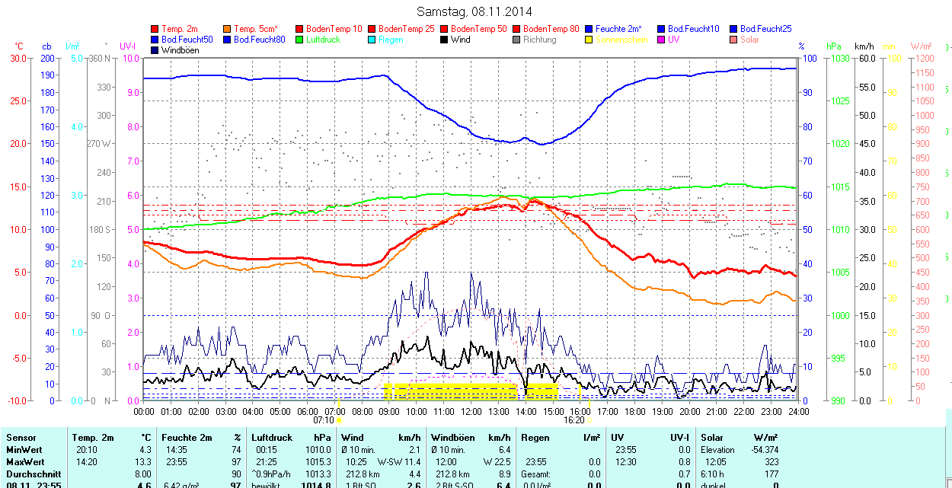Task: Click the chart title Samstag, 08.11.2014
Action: pos(474,11)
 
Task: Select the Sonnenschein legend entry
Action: pos(621,40)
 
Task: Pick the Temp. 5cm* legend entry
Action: pos(256,29)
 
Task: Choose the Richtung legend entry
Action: pos(539,40)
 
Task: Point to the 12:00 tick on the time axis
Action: pos(471,412)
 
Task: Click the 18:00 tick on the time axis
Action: pos(635,412)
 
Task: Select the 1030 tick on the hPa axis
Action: pos(840,58)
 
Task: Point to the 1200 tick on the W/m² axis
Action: pos(923,58)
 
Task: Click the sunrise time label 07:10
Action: pos(324,419)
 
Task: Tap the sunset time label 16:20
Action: pos(574,419)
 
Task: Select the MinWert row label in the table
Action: pos(23,450)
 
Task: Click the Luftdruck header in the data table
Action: pos(272,438)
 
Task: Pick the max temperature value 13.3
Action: pos(144,462)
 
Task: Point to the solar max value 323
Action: pos(771,462)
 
